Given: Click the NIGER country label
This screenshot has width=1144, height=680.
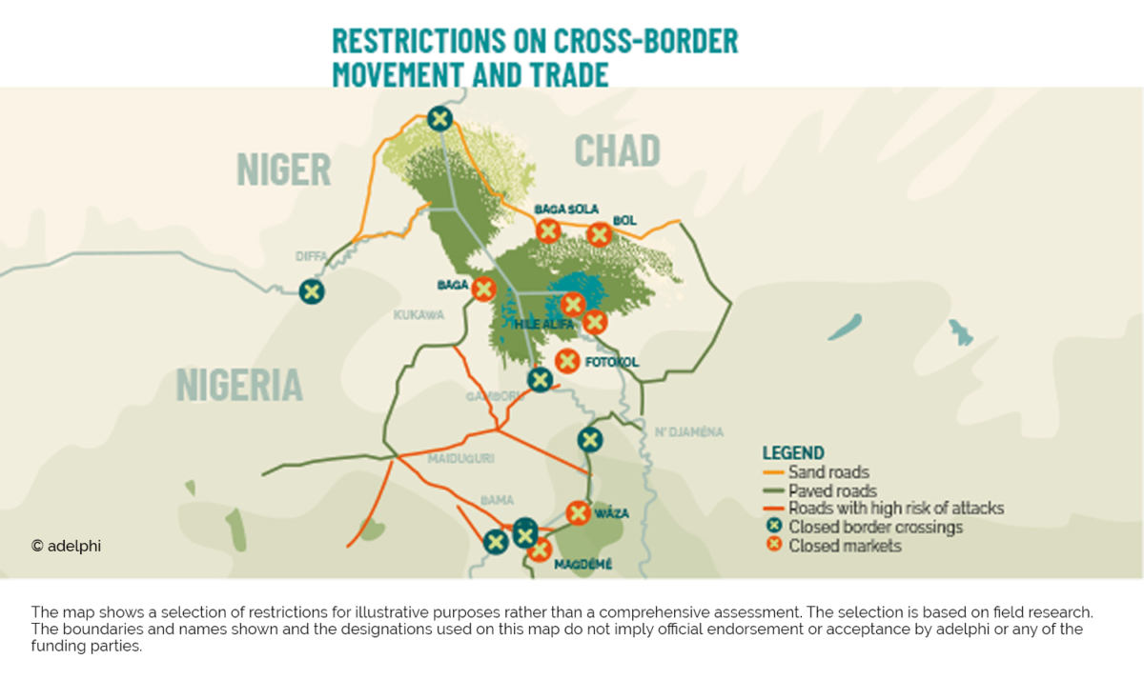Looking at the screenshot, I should click(283, 170).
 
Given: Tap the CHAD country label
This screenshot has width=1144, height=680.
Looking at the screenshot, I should click(617, 150).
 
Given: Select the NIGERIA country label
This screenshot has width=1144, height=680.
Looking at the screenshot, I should click(239, 385).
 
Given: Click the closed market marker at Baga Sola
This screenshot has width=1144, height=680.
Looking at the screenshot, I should click(547, 230).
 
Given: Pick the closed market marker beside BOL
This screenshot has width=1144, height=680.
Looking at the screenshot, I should click(599, 233).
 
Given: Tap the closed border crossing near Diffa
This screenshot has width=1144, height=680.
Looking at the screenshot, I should click(311, 291).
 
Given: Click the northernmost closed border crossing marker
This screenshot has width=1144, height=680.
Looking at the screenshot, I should click(439, 118).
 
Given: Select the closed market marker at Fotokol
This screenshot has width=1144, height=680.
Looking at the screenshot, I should click(566, 361).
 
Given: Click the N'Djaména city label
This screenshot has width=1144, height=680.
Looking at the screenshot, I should click(689, 431).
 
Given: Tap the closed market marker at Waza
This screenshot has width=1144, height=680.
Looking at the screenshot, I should click(578, 512).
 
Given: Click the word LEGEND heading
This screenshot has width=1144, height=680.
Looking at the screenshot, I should click(793, 452).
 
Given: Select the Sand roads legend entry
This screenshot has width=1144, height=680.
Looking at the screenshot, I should click(827, 471).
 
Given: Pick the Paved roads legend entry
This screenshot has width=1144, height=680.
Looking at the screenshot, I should click(831, 490).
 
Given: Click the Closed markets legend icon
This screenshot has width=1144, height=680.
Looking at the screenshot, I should click(774, 545).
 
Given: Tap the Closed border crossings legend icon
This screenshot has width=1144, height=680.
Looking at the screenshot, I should click(774, 527).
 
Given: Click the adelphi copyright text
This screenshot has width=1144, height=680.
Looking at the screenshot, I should click(67, 546).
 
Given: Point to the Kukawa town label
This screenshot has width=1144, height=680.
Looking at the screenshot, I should click(419, 314).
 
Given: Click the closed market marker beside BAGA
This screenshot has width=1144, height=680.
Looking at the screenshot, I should click(484, 288).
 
